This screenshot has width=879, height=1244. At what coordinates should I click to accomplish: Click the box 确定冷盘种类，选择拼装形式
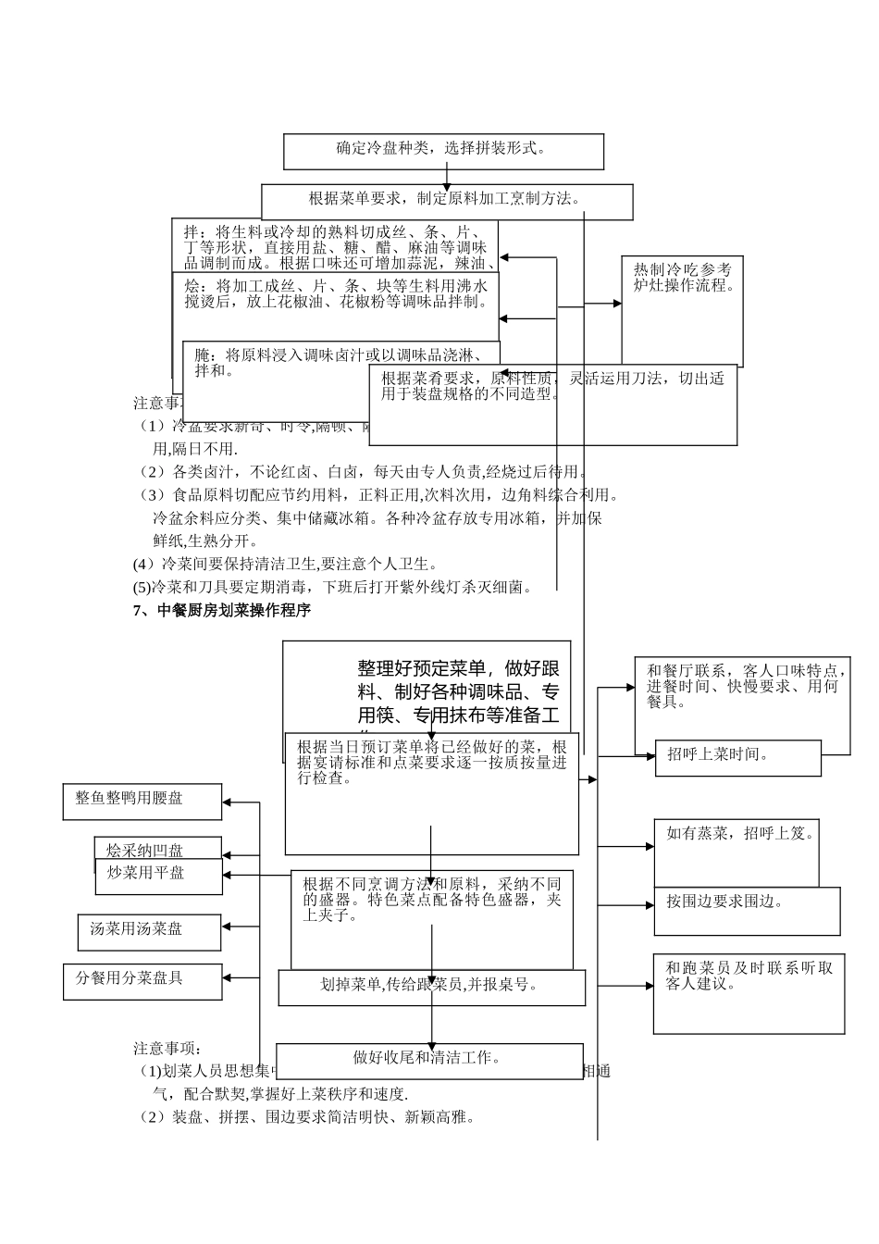point(443,151)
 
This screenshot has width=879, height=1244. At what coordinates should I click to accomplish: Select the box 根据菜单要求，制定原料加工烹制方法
point(447,201)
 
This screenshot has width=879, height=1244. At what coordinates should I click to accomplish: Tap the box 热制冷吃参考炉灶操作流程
point(682,310)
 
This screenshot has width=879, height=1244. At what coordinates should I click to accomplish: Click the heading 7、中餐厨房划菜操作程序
point(222,611)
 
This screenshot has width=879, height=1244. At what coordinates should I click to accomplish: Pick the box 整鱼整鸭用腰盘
point(143,802)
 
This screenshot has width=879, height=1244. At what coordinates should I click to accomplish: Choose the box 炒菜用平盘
point(158,876)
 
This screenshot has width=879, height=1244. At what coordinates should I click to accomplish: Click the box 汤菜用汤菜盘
point(149,932)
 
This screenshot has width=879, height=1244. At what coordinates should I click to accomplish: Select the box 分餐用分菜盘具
point(142,980)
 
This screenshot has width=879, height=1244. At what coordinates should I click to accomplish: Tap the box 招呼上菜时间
point(737,757)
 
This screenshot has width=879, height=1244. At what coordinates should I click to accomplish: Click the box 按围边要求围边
point(747,911)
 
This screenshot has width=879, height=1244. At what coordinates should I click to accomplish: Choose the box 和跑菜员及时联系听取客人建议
point(749,993)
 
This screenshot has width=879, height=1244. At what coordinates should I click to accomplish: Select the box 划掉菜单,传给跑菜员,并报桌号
point(431,987)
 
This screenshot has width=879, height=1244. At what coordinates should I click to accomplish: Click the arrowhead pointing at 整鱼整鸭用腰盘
point(229,802)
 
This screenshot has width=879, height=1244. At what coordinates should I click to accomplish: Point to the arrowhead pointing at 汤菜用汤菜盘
point(228,926)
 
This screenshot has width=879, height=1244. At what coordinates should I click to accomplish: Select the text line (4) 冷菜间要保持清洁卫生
point(285,564)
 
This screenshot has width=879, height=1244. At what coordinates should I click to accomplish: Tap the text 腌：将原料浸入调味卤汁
point(340,362)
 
